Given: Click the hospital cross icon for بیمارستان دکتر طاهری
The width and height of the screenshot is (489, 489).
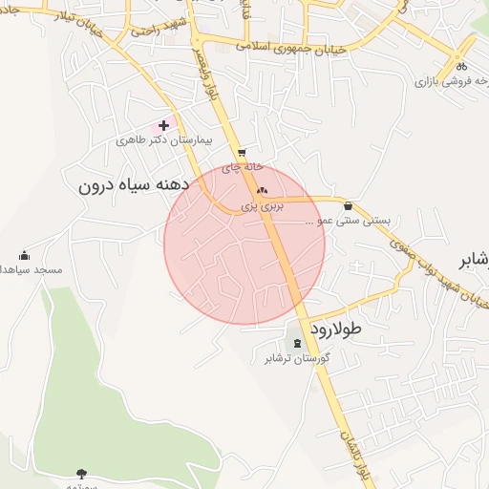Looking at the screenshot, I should tap(164, 125).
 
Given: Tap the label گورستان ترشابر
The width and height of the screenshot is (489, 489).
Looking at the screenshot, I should tap(297, 358).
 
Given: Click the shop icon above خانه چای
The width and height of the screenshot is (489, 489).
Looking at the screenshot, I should tap(241, 152).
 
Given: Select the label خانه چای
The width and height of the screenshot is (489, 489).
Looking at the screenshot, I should tap(242, 166).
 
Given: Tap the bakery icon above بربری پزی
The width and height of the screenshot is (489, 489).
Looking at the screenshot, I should tap(262, 191).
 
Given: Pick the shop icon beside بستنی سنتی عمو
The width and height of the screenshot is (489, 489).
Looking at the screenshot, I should tap(347, 205).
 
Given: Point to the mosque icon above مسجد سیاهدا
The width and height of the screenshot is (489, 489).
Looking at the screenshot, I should tap(24, 256).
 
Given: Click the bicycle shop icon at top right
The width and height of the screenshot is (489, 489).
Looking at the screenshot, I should tap(462, 67).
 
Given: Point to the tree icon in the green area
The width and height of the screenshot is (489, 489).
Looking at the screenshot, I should tap(80, 473).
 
